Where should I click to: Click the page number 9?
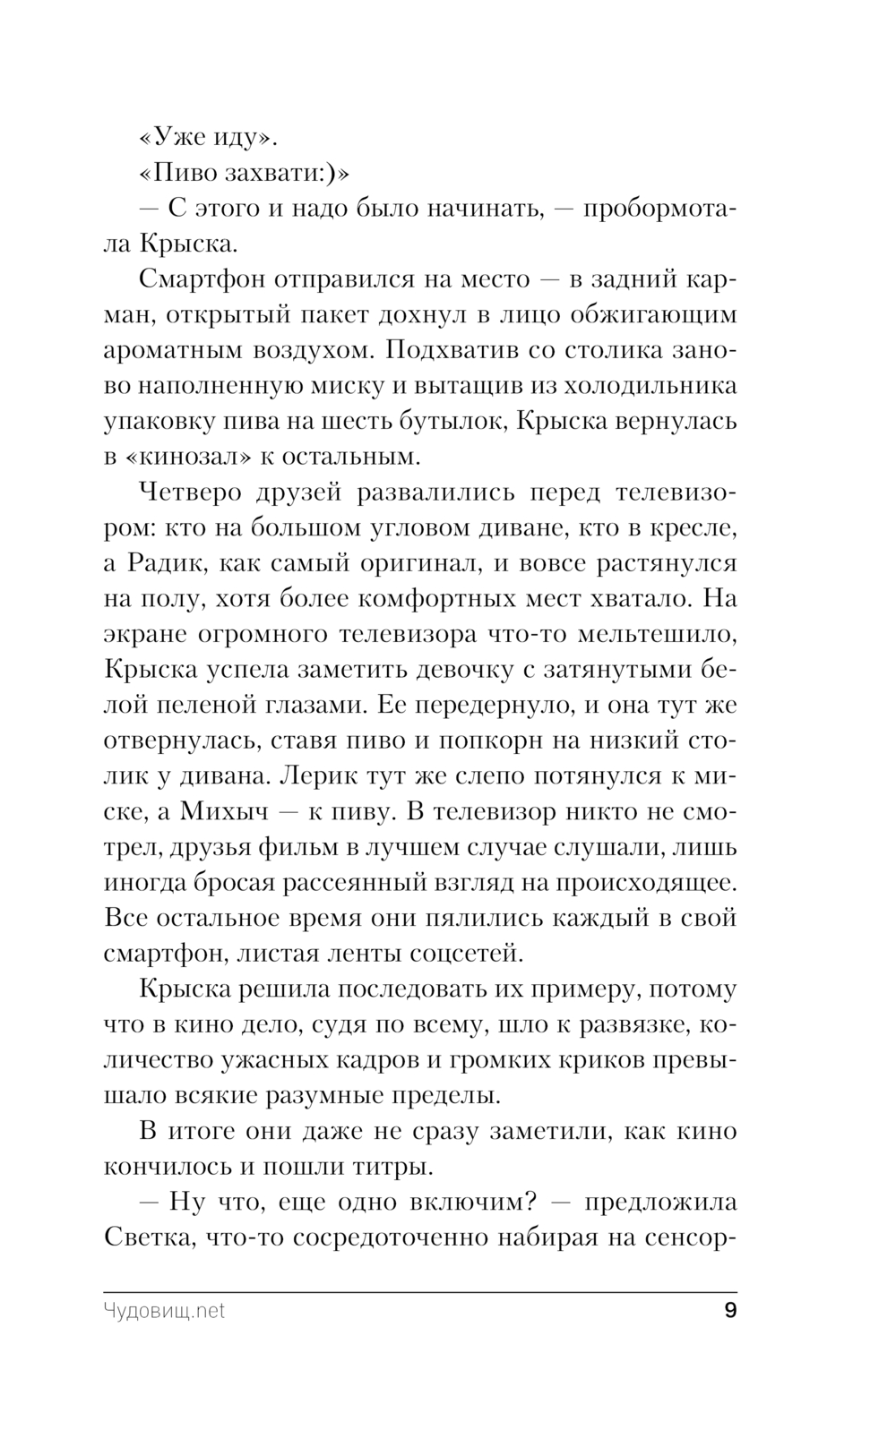(729, 1311)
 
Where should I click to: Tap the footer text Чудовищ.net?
(164, 1312)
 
